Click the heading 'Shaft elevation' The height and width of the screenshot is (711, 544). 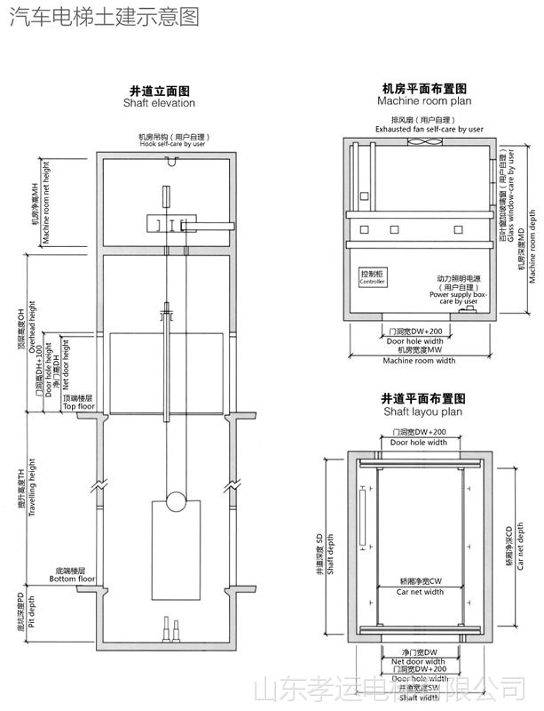(x=160, y=103)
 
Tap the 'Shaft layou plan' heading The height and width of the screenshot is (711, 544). (x=423, y=412)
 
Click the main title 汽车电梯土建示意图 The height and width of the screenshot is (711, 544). (x=104, y=17)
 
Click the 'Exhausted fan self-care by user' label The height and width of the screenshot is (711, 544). (x=429, y=129)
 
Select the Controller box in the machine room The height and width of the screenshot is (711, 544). (x=372, y=276)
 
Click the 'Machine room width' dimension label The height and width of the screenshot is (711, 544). (x=419, y=361)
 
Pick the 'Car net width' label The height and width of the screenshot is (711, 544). (x=420, y=591)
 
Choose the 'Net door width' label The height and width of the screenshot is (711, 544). (x=418, y=662)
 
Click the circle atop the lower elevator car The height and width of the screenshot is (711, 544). (x=177, y=501)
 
